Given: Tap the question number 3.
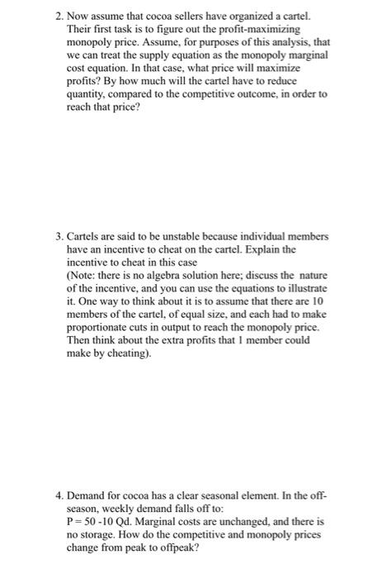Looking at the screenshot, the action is coord(54,236).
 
